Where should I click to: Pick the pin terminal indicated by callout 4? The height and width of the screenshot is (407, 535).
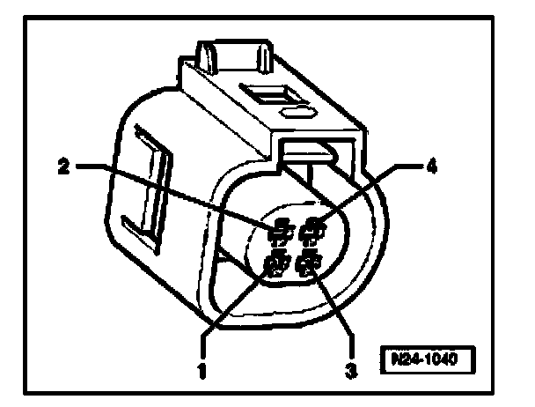point(311,233)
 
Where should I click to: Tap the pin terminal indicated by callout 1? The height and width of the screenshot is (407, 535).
point(279,263)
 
